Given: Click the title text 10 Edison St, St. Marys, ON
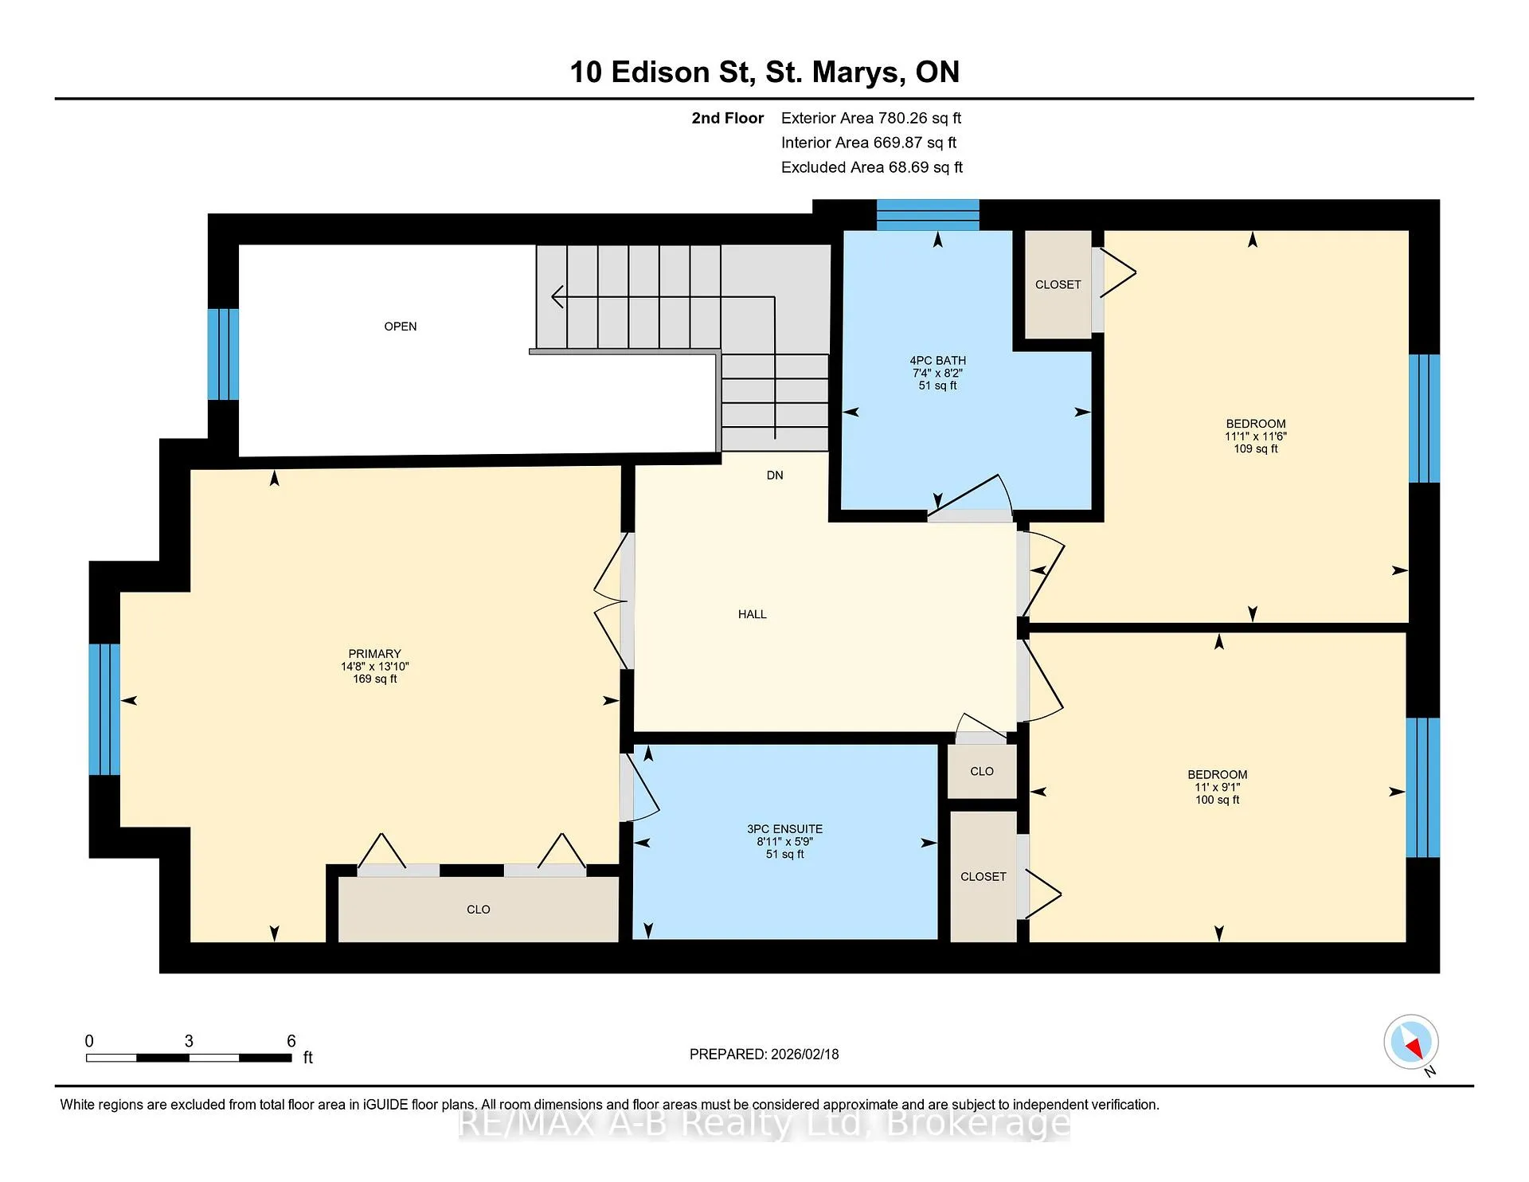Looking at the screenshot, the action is click(x=764, y=72).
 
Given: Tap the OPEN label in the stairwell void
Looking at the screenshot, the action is click(x=401, y=327).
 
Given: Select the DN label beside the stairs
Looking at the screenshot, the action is click(x=775, y=476).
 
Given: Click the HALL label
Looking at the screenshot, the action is click(x=753, y=614).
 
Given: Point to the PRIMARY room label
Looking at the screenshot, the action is click(x=375, y=654).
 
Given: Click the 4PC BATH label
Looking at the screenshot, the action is click(x=938, y=361).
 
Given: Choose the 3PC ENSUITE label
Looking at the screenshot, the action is click(x=785, y=829).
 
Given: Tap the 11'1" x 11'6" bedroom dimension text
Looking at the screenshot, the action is click(x=1256, y=436).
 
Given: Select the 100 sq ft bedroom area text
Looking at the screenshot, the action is click(x=1218, y=800).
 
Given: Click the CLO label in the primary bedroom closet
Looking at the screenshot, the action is click(x=479, y=910).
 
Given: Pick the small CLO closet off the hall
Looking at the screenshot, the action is click(x=982, y=771).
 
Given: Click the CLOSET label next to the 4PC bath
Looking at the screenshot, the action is click(x=1058, y=284).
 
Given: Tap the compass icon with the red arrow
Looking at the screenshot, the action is click(x=1411, y=1042).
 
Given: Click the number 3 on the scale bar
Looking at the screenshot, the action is click(x=189, y=1041).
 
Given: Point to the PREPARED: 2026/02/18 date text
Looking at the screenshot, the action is click(x=764, y=1055).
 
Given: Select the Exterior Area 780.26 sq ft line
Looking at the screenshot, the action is click(x=871, y=119).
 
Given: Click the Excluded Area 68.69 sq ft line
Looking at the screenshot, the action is click(x=872, y=167).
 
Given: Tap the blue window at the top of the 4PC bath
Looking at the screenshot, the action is click(x=928, y=215).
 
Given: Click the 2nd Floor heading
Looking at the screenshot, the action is click(x=728, y=119).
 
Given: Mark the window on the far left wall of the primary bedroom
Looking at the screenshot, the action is click(x=104, y=710).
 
